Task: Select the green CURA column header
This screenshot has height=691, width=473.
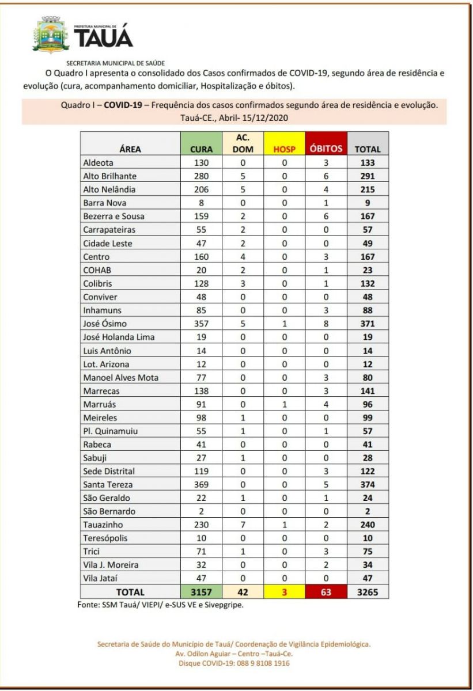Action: tap(202, 149)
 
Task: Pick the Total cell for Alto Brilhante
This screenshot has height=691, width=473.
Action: tap(368, 175)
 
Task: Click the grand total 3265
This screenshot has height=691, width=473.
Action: tap(368, 592)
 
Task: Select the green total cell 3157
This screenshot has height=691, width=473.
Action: tap(202, 592)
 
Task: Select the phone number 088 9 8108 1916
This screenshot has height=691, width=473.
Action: tap(258, 663)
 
